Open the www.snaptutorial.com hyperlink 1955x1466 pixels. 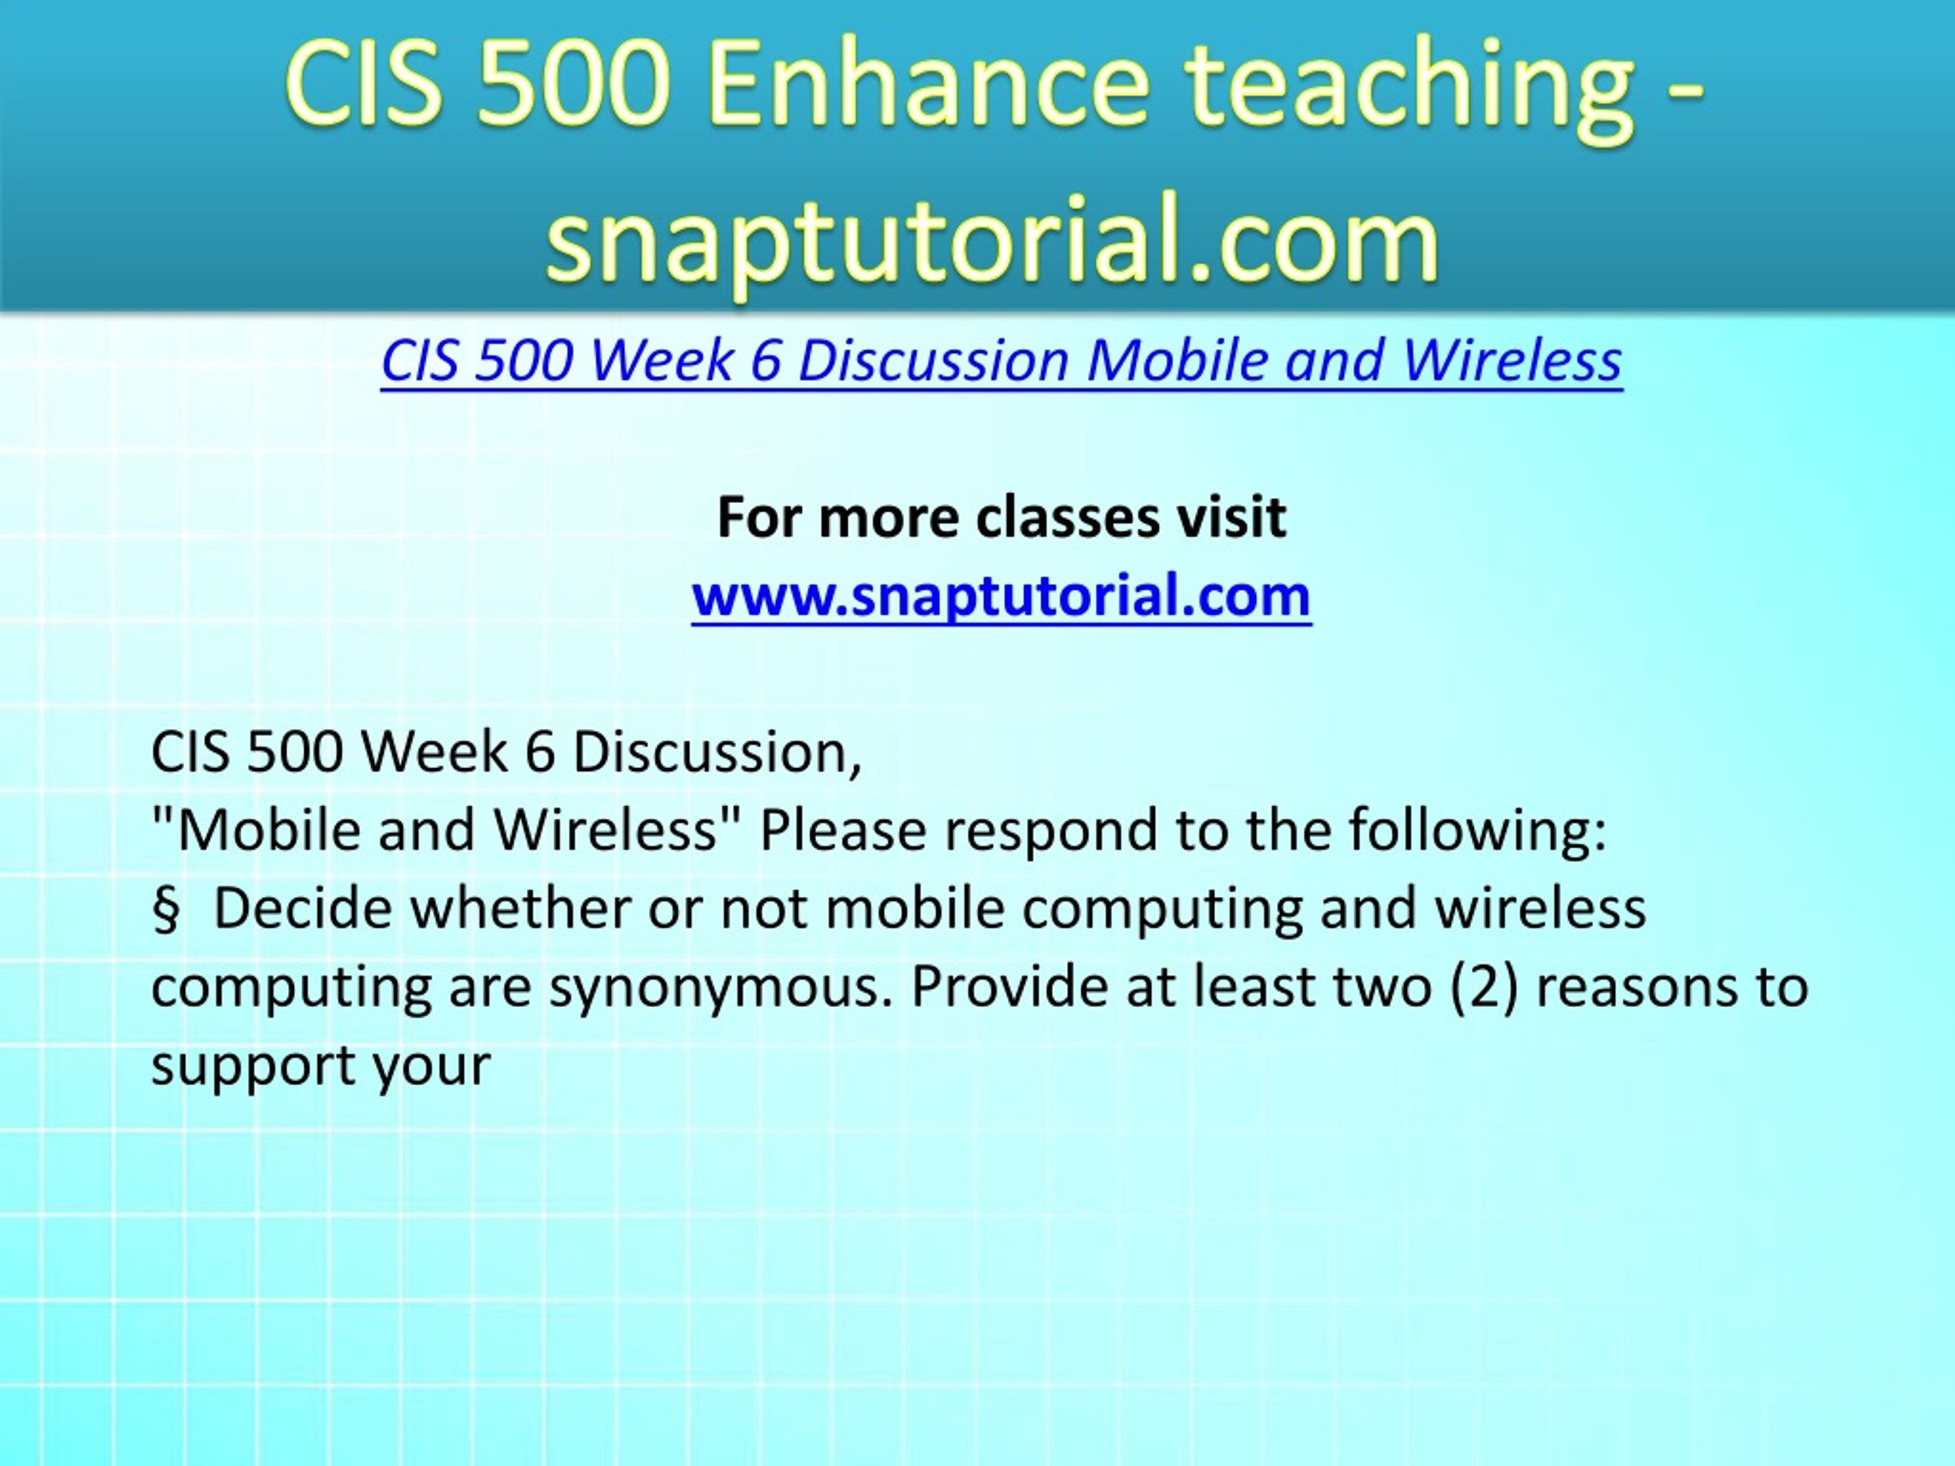(x=1001, y=596)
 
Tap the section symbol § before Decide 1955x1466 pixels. (x=165, y=910)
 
